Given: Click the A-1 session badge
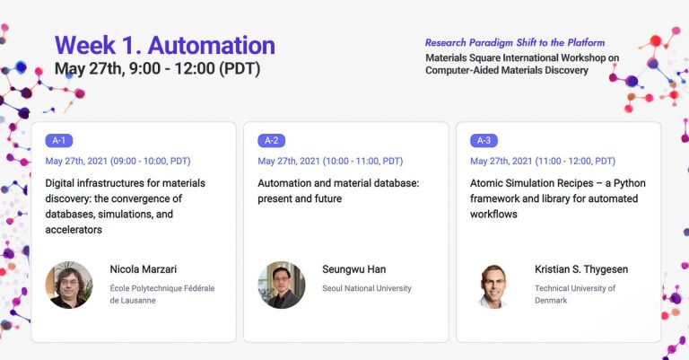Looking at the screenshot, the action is (x=59, y=140).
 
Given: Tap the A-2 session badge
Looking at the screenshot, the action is (x=271, y=140).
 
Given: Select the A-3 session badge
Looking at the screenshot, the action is (x=484, y=140).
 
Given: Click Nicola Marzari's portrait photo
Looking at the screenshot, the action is (x=69, y=285).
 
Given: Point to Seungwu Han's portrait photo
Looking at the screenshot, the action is (x=281, y=285).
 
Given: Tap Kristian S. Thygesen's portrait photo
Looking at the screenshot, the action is (x=493, y=285).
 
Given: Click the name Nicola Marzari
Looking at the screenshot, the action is (x=144, y=269).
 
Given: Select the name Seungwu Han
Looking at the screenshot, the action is (x=353, y=269).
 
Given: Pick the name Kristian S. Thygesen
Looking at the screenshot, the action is (x=581, y=269).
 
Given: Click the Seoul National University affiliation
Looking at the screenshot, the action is (x=367, y=288).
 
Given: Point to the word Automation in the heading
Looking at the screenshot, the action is (x=212, y=45).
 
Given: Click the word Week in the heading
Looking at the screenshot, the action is (x=85, y=45).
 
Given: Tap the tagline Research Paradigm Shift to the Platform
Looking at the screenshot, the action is (x=515, y=42).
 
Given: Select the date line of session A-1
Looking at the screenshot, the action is (x=118, y=161).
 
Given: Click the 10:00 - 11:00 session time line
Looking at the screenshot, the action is (x=330, y=161).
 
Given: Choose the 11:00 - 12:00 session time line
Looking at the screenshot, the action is (x=543, y=161).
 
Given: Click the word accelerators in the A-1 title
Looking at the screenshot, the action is (x=74, y=230).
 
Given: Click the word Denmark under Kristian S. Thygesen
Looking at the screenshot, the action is (x=551, y=301).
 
